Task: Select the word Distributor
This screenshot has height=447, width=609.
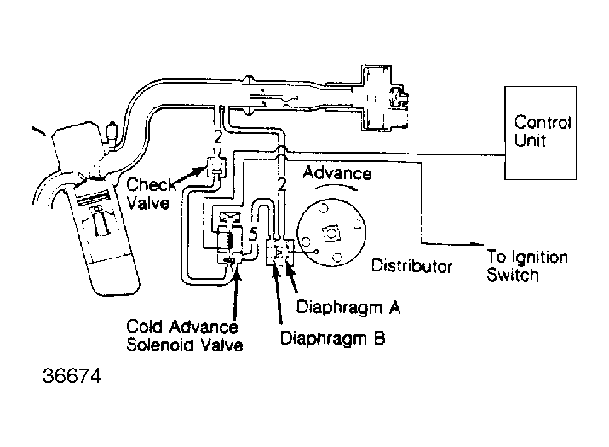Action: (x=411, y=266)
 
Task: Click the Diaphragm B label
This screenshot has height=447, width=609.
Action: (x=332, y=338)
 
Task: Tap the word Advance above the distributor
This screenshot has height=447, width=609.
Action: (x=337, y=173)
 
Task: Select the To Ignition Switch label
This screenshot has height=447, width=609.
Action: (x=526, y=266)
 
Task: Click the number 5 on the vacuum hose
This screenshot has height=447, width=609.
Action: (x=253, y=233)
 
